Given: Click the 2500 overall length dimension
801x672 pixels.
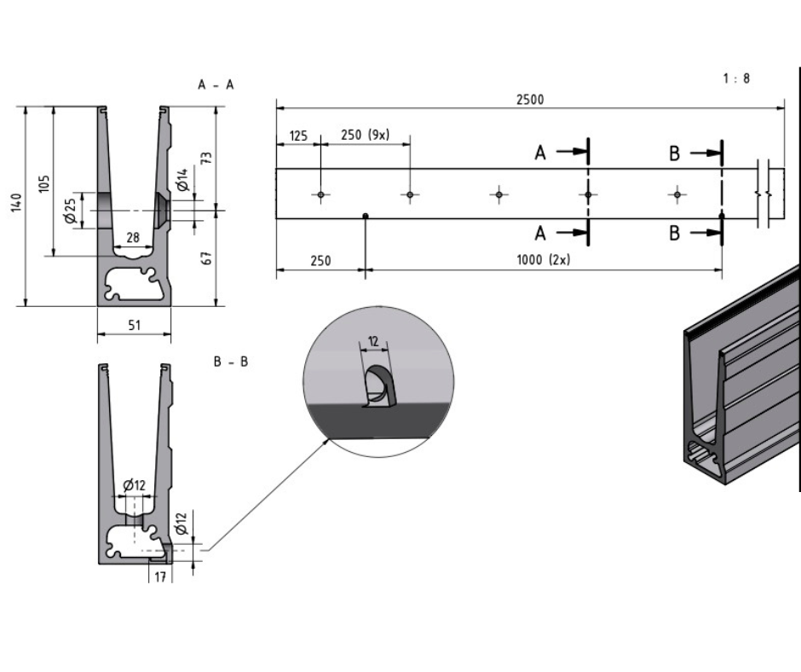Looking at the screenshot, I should point(529,99).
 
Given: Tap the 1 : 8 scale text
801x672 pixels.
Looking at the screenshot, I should point(736,78).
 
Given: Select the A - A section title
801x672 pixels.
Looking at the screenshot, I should point(216,84).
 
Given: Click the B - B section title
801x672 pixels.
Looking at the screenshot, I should point(230,362).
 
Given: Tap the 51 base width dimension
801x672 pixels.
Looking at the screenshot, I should point(134,324).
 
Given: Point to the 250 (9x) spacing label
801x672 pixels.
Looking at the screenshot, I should point(365,135).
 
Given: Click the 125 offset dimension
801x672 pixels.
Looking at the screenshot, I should point(298,135).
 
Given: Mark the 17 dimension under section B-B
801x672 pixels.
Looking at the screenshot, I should point(160,576).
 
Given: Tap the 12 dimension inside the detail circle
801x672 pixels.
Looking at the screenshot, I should point(373,341).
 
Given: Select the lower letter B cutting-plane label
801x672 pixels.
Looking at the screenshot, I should point(674,233).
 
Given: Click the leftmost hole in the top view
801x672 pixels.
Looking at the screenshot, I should point(320,195).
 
